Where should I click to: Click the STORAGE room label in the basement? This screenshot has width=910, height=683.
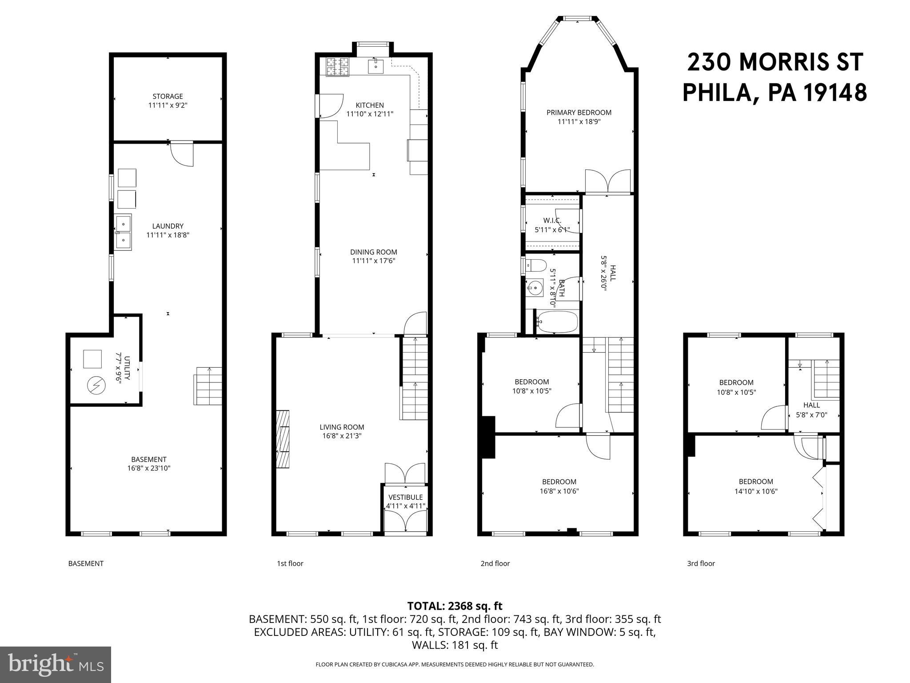coord(168,96)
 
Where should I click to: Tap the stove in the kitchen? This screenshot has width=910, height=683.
coord(337,67)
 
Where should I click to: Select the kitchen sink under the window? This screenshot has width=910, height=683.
coord(376,67)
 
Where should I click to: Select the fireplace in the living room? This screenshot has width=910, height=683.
coord(283,439)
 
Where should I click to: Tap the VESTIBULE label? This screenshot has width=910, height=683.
coord(405,497)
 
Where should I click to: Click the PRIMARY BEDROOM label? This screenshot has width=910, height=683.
coord(579,112)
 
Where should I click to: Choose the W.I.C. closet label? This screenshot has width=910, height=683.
coord(552,221)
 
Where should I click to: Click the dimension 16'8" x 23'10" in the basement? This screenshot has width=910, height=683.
coord(148,468)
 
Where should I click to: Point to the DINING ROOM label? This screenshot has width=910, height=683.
coord(373,252)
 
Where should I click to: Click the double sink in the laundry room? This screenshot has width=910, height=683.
coord(123,232)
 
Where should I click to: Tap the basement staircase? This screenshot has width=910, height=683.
coord(208,386)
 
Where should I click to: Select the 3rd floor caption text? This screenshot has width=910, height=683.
coord(701,563)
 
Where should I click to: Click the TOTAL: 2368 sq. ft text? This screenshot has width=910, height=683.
coord(455,606)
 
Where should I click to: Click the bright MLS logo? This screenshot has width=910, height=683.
coord(56,664)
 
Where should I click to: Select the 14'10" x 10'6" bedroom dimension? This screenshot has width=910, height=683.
coord(755,491)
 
